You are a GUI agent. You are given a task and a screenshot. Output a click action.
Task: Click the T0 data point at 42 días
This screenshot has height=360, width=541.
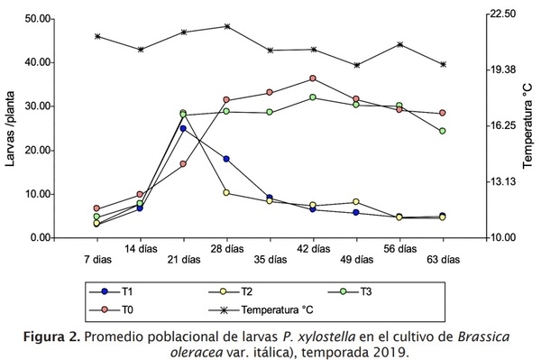pyautogui.click(x=313, y=78)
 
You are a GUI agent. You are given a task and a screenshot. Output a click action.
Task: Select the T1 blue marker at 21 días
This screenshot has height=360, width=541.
pyautogui.click(x=183, y=128)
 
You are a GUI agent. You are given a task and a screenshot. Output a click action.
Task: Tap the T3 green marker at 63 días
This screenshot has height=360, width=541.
pyautogui.click(x=442, y=131)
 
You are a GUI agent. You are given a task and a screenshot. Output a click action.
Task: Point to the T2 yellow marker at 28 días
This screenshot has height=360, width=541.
pyautogui.click(x=226, y=192)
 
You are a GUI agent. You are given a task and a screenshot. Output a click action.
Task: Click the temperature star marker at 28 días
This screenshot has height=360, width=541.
pyautogui.click(x=226, y=26)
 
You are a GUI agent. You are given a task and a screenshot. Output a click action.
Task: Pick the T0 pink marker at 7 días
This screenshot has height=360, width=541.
pyautogui.click(x=96, y=208)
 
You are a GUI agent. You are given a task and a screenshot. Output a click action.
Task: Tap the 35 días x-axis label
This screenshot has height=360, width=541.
pyautogui.click(x=270, y=259)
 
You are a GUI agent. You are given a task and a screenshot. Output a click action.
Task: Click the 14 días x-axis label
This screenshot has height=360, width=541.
pyautogui.click(x=140, y=247)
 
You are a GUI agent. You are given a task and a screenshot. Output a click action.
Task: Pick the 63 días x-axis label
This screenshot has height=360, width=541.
pyautogui.click(x=442, y=259)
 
